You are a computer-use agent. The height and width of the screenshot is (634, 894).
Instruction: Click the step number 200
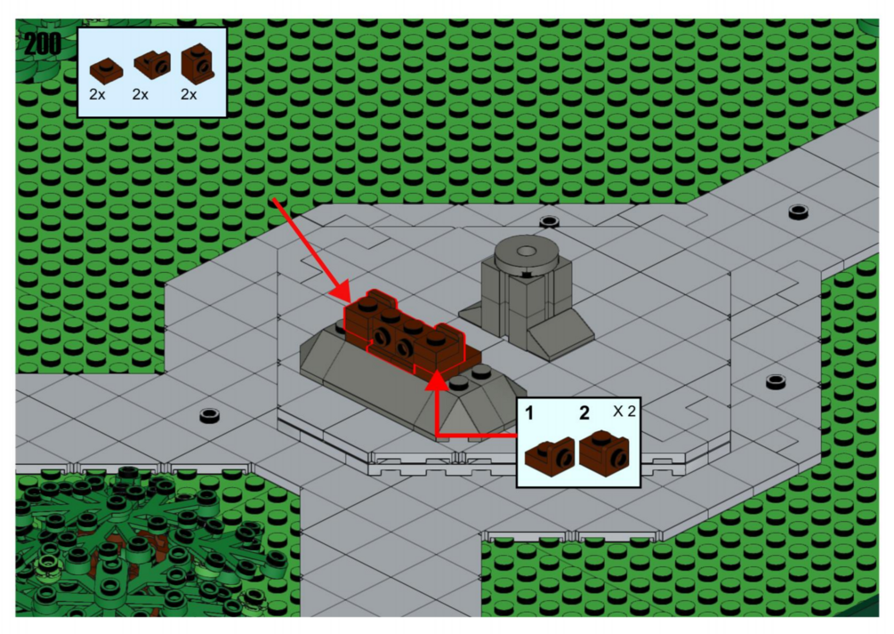pos(42,44)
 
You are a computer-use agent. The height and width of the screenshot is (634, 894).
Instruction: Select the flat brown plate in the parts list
pos(106,70)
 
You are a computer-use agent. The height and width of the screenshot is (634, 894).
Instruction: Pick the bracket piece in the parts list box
pos(152,64)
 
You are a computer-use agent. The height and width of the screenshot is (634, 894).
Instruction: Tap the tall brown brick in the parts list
pos(197,63)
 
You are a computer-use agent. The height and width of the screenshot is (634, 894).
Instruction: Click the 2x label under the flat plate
pos(97,94)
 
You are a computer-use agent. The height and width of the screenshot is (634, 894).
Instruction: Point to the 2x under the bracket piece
pos(141,94)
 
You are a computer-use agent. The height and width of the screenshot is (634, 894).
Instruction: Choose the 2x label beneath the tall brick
pos(189,94)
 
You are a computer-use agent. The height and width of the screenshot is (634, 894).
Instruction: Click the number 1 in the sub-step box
pos(529,413)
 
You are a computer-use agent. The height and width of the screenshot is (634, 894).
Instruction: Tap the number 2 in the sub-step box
pos(584,413)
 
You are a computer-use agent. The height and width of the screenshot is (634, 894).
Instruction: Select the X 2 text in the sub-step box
pos(624,411)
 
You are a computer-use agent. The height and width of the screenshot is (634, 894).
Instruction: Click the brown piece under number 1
pos(550,456)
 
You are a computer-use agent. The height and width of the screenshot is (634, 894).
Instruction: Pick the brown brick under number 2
pos(604,453)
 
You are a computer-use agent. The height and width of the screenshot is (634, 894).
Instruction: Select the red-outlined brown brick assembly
pos(404,333)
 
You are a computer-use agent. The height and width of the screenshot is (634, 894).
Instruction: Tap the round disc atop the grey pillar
pos(526,253)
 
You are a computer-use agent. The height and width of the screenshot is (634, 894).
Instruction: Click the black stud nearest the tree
pos(210,415)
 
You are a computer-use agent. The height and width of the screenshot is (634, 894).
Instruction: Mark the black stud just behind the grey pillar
pos(549,221)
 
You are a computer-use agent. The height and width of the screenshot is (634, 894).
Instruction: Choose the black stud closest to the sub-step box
pos(776,381)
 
